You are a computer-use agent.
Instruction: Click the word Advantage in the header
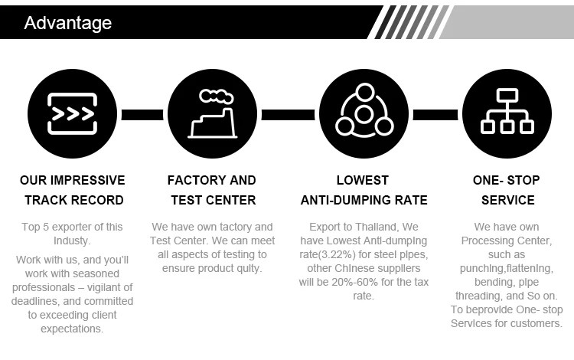click(67, 22)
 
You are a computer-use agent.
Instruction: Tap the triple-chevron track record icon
click(72, 115)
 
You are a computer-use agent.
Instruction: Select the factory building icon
click(212, 115)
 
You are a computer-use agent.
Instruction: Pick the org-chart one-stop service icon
click(507, 115)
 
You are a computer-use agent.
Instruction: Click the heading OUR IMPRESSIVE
click(72, 181)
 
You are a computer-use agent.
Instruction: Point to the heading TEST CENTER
click(211, 201)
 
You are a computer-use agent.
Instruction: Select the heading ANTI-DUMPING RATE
click(364, 201)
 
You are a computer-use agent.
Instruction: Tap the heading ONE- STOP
click(506, 181)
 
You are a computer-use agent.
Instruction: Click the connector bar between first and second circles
click(142, 115)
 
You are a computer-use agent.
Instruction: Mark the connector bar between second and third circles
click(289, 115)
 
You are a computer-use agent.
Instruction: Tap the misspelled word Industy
click(72, 241)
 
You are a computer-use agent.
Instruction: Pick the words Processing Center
click(506, 241)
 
